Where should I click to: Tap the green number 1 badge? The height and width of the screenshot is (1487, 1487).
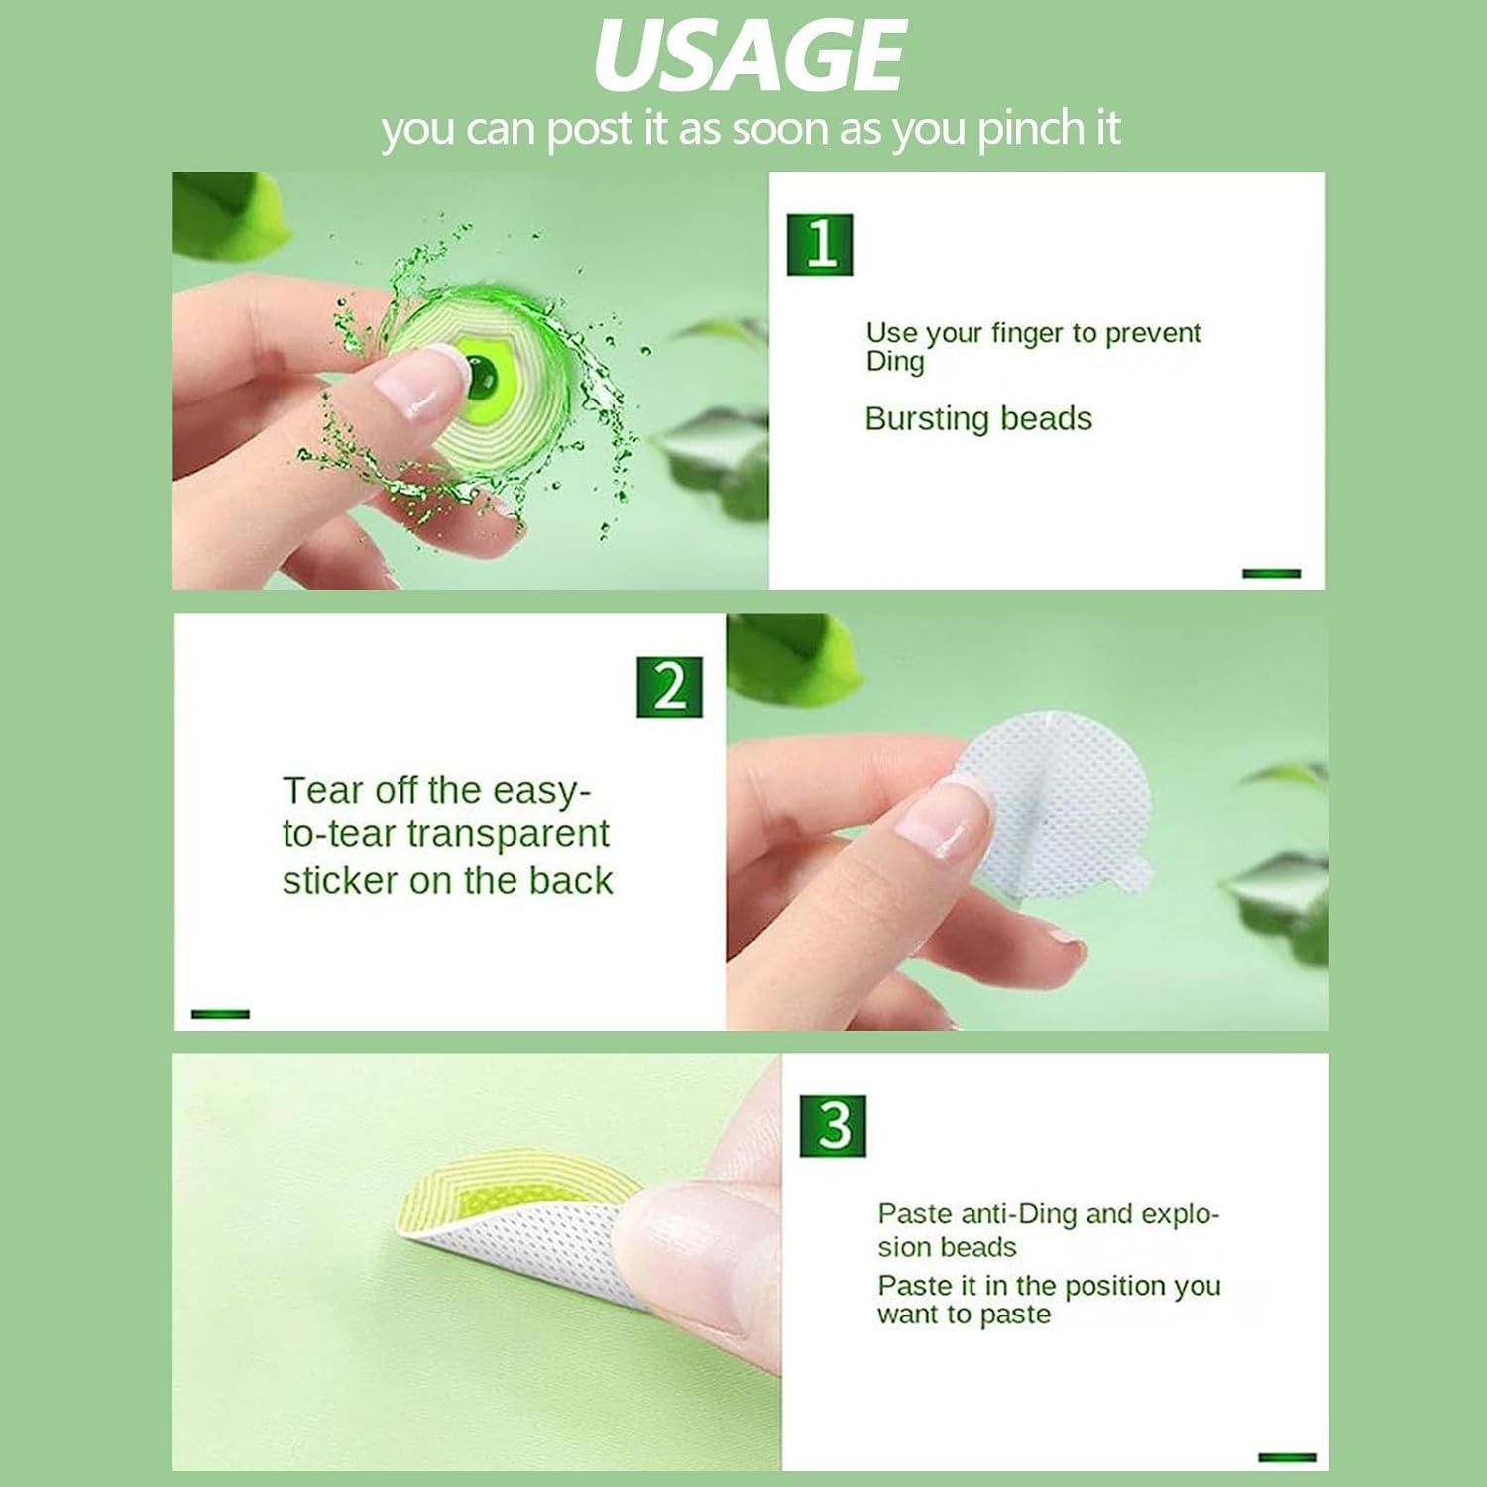pyautogui.click(x=820, y=244)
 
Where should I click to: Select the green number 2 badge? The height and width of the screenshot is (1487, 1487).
pyautogui.click(x=669, y=686)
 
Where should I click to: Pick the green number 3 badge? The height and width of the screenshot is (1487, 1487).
pyautogui.click(x=833, y=1125)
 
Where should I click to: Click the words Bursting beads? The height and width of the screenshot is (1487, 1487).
pyautogui.click(x=978, y=419)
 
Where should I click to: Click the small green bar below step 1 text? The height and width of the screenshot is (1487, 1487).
pyautogui.click(x=1271, y=573)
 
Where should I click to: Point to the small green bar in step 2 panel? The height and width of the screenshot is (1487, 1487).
pyautogui.click(x=220, y=1013)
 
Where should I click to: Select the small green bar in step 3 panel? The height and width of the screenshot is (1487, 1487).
pyautogui.click(x=1287, y=1456)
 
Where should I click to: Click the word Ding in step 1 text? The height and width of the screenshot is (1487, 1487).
pyautogui.click(x=895, y=362)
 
